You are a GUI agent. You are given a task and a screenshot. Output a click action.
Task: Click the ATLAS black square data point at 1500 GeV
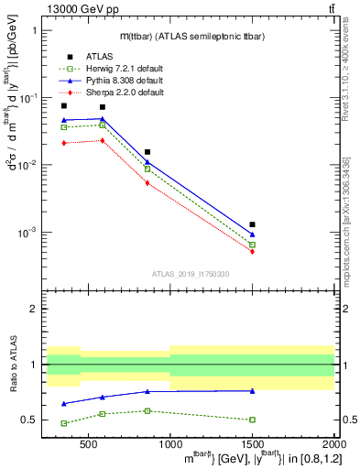pyautogui.click(x=252, y=224)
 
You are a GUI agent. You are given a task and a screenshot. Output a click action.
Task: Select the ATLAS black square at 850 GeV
pyautogui.click(x=147, y=152)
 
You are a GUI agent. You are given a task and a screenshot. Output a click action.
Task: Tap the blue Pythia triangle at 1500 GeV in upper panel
pyautogui.click(x=252, y=234)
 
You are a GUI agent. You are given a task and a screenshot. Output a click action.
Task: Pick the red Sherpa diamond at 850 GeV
pyautogui.click(x=147, y=183)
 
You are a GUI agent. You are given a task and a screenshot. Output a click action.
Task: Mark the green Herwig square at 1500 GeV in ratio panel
pyautogui.click(x=252, y=420)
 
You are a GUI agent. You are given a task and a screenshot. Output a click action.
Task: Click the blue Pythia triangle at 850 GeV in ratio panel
pyautogui.click(x=147, y=391)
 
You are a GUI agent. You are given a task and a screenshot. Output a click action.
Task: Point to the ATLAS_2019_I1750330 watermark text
pyautogui.click(x=190, y=274)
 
